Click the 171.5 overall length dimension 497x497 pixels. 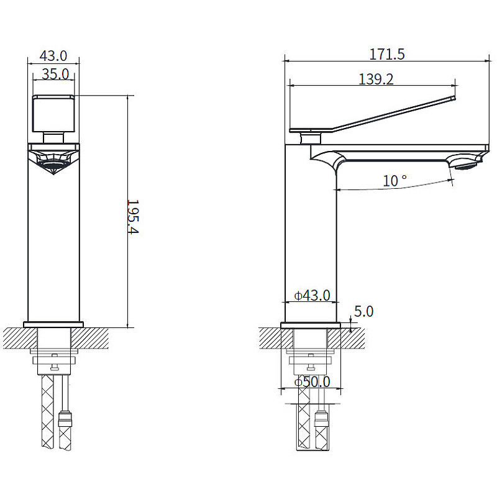pyautogui.click(x=387, y=54)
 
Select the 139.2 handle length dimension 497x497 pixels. pyautogui.click(x=376, y=80)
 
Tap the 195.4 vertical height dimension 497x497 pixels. pyautogui.click(x=133, y=216)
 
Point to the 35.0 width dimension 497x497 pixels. pyautogui.click(x=55, y=75)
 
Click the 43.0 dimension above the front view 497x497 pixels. pyautogui.click(x=53, y=56)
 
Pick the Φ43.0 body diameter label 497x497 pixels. pyautogui.click(x=312, y=296)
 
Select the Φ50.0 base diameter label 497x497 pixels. pyautogui.click(x=312, y=381)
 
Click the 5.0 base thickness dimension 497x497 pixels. pyautogui.click(x=363, y=312)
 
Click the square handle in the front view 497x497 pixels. pyautogui.click(x=53, y=113)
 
